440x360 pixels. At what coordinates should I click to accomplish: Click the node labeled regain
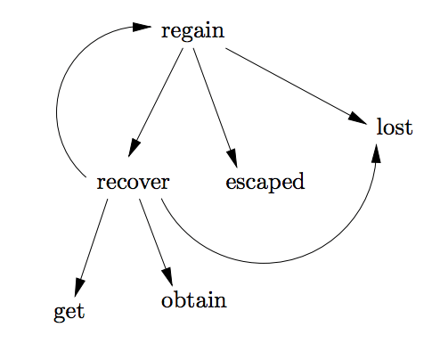192,32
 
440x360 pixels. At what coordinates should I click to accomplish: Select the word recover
133,183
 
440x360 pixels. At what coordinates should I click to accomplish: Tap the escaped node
265,183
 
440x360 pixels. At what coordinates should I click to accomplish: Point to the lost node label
395,127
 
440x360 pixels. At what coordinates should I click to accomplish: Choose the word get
69,312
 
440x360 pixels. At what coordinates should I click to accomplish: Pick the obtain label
194,300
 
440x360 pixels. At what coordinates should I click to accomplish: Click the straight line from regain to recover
159,98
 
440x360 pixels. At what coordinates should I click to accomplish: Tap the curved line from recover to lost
267,264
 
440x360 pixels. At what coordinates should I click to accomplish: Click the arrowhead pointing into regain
143,28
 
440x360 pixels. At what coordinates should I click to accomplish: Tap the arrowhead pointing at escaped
233,158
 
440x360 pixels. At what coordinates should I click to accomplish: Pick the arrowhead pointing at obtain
167,276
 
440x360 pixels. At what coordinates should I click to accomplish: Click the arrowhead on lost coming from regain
359,118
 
